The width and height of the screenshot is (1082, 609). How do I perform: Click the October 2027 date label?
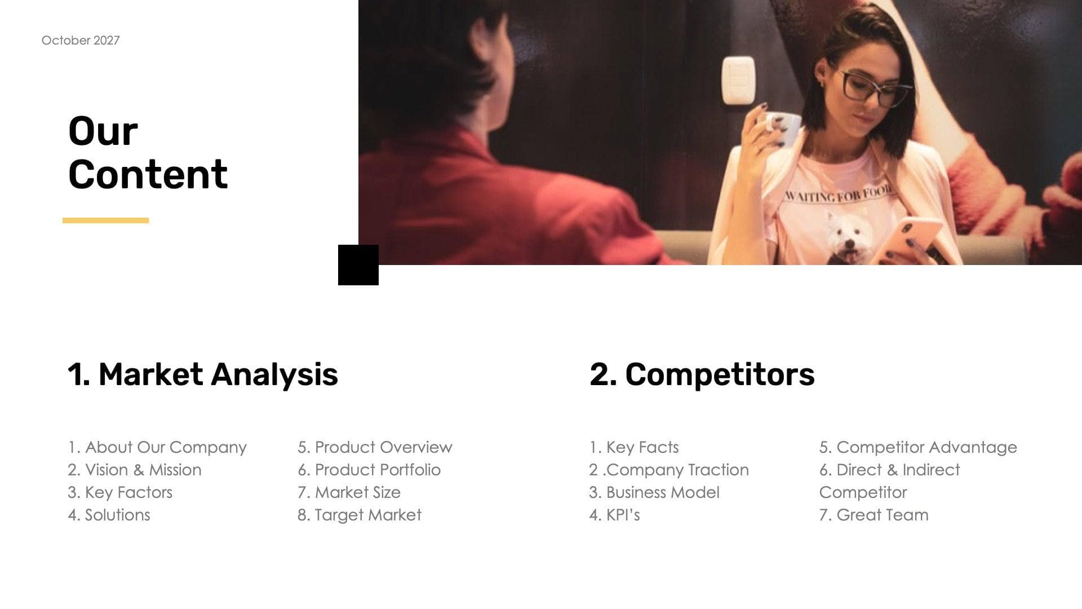tap(81, 41)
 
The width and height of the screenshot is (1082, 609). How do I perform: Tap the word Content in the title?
tap(148, 174)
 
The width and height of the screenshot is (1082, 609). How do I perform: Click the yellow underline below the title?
tap(105, 220)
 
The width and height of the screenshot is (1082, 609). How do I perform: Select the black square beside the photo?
tap(358, 265)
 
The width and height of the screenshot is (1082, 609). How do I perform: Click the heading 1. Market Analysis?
tap(203, 374)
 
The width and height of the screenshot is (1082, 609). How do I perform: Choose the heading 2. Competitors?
tap(702, 374)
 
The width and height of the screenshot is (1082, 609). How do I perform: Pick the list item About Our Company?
tap(157, 447)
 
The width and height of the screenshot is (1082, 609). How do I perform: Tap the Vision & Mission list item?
tap(135, 470)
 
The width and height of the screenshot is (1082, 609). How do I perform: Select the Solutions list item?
tap(109, 515)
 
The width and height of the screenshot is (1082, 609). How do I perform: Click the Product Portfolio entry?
tap(369, 470)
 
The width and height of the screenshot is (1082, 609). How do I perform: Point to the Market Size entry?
tap(349, 492)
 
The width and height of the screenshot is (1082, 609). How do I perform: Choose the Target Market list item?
tap(360, 515)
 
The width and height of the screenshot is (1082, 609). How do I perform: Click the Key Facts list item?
tap(634, 447)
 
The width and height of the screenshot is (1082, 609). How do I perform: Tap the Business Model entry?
tap(654, 492)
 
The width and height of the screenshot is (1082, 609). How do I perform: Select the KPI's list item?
tap(615, 515)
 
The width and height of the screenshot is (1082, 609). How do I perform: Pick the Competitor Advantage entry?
tap(918, 447)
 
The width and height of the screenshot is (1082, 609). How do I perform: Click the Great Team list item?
tap(873, 515)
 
